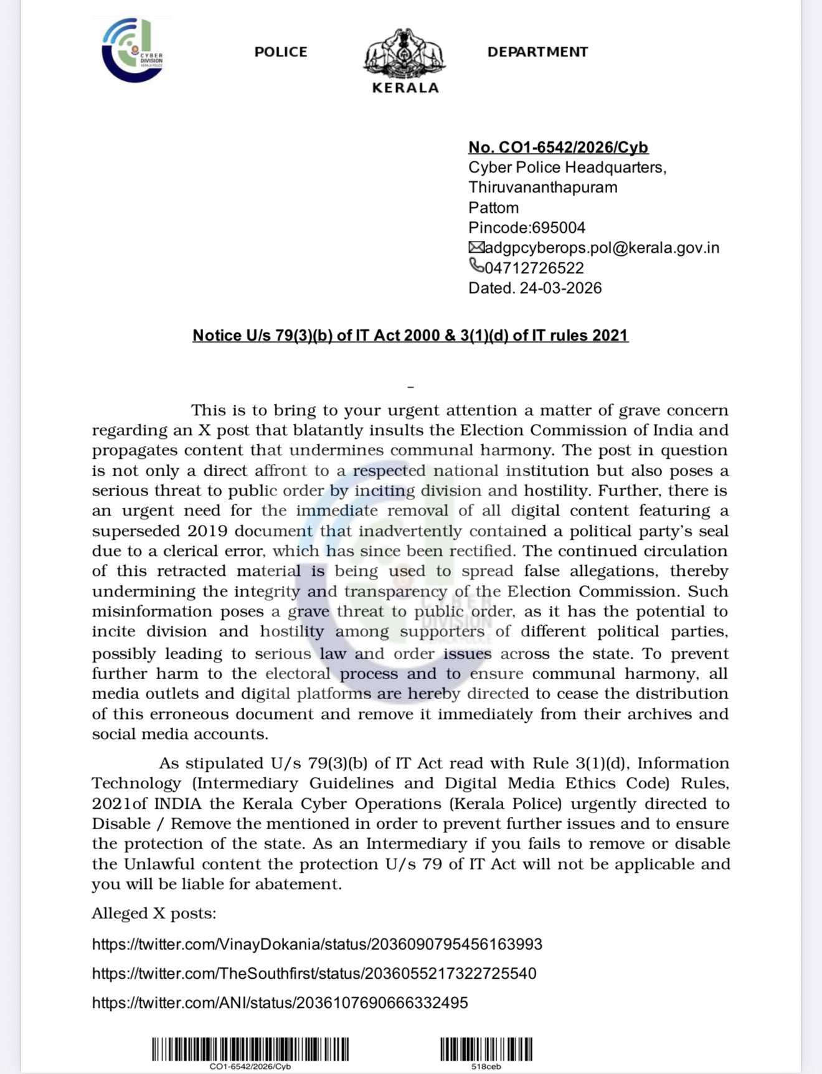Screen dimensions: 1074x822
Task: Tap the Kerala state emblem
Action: [405, 54]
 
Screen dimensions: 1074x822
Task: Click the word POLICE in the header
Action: [281, 52]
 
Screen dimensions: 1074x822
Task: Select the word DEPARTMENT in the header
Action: [537, 52]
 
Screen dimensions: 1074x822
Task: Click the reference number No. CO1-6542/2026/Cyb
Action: [558, 148]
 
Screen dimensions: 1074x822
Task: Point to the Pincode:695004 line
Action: [527, 228]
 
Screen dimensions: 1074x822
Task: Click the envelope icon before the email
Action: [476, 248]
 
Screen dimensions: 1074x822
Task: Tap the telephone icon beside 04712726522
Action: [476, 266]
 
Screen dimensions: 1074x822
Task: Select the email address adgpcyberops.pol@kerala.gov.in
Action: [602, 248]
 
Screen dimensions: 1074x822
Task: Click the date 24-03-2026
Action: [560, 288]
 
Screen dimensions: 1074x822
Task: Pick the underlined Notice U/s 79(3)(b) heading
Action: [410, 336]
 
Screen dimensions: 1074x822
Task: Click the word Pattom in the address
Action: [493, 208]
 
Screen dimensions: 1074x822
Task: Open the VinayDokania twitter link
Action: [317, 944]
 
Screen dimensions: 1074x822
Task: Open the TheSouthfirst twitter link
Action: [314, 974]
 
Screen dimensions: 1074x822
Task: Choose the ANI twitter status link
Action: [280, 1003]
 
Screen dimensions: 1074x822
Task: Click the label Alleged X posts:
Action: [154, 914]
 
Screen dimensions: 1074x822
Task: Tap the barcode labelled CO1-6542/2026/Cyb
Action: [250, 1050]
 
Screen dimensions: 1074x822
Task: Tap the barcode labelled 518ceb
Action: [486, 1050]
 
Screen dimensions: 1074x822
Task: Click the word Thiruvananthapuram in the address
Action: [542, 187]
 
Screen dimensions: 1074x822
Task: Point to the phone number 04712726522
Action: [534, 268]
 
